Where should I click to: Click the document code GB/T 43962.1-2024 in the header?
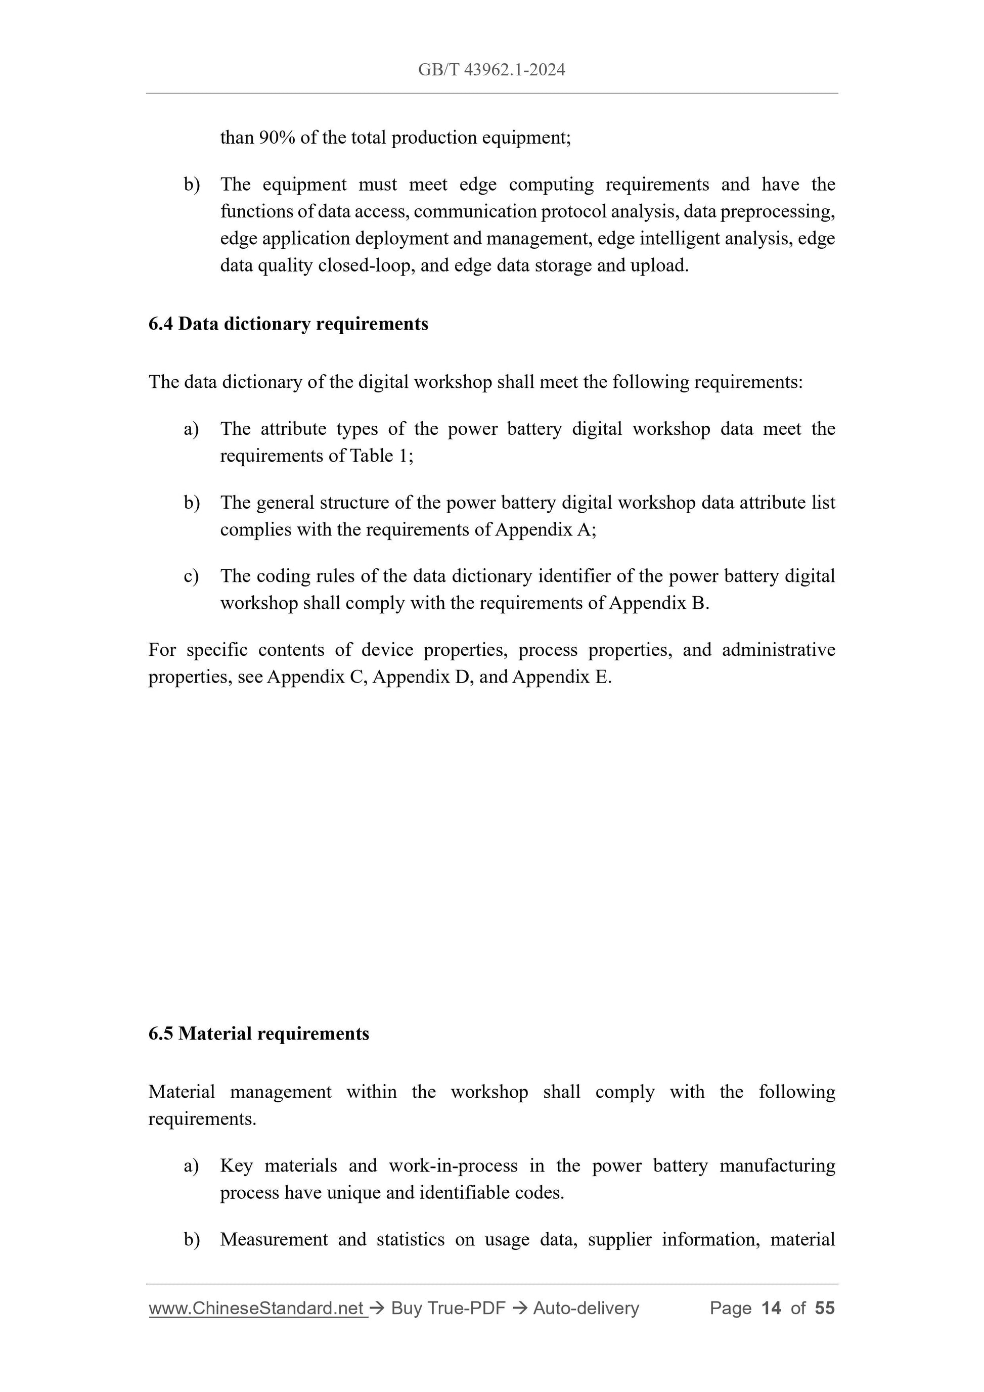(491, 70)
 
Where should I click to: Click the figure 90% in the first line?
(277, 138)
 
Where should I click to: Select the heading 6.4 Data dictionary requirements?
(288, 324)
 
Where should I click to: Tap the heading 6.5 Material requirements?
(258, 1034)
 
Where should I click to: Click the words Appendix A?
(544, 530)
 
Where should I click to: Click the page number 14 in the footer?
(771, 1309)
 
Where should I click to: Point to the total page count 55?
(825, 1309)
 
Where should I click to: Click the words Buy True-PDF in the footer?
(448, 1309)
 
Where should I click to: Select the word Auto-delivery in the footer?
(586, 1309)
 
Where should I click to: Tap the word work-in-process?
(453, 1166)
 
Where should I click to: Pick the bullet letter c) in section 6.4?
(191, 576)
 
